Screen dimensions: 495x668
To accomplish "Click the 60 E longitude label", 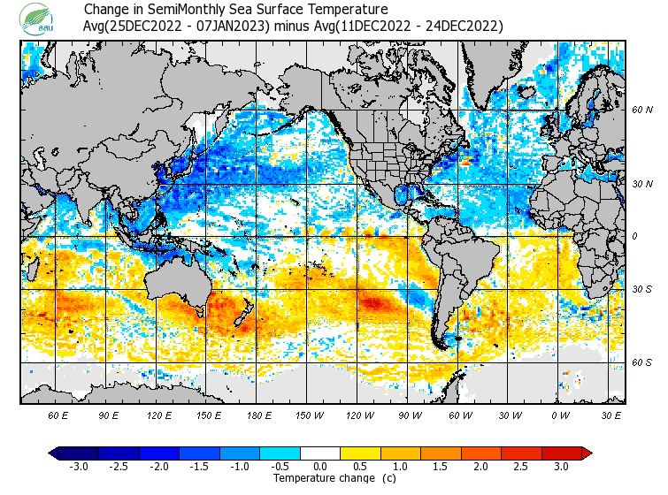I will coord(58,415).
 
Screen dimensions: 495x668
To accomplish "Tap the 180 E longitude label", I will coord(258,415).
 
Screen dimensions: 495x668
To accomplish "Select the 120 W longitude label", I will coord(360,415).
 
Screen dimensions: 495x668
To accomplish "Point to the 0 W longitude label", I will coord(560,415).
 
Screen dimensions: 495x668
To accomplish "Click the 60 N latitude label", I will coord(641,110).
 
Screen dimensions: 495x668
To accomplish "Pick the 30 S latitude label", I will coord(641,289).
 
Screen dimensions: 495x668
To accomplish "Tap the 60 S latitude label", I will coord(641,362).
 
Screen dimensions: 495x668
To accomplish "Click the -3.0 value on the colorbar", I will coord(79,467).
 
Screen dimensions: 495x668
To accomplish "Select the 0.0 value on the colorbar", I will coord(320,467).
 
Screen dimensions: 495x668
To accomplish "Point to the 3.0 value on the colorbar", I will coord(561,467).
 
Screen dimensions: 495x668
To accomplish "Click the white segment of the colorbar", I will coord(320,453).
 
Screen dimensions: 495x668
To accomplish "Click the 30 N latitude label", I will coord(641,184).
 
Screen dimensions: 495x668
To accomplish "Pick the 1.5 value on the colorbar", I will coord(441,467).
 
